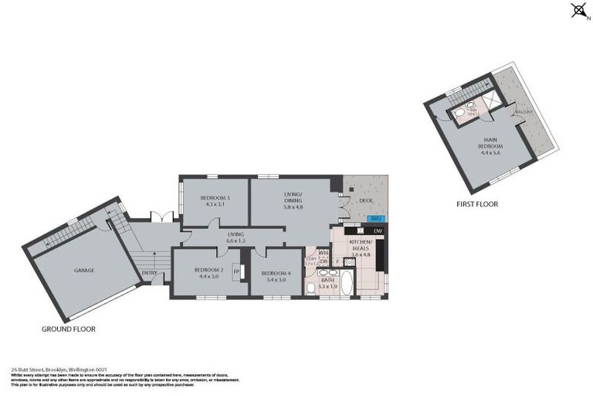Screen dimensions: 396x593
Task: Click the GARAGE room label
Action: [x=84, y=270]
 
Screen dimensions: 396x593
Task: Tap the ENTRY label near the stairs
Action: [x=150, y=272]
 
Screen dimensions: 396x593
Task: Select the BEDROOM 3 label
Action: [x=215, y=201]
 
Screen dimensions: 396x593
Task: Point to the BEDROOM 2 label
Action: [x=210, y=272]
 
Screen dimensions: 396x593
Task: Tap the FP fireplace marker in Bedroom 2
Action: [x=236, y=271]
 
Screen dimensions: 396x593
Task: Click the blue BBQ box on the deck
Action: [x=377, y=219]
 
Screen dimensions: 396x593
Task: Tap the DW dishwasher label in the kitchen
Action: [x=377, y=230]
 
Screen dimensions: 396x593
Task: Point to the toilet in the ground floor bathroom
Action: [x=310, y=288]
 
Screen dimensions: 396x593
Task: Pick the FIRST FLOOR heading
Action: [x=476, y=204]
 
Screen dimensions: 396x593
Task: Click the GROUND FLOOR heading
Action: [x=70, y=329]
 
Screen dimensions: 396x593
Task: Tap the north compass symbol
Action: [x=578, y=10]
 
